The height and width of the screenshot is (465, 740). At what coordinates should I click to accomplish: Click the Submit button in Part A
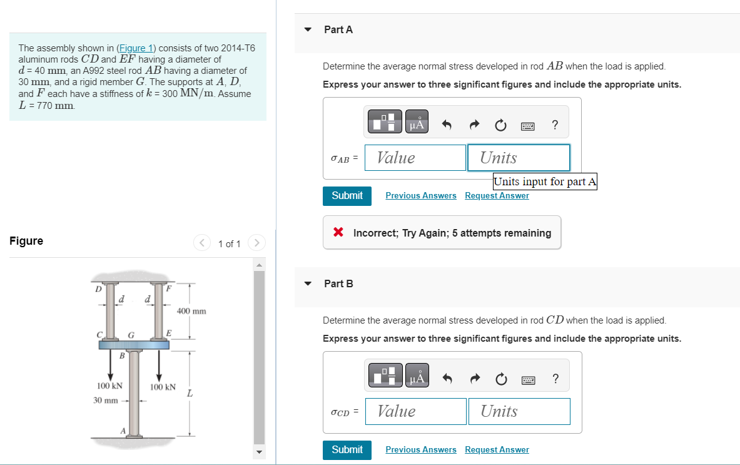[347, 196]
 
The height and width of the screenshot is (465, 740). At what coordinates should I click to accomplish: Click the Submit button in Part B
[347, 450]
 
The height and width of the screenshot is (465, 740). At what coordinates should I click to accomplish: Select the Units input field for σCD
[519, 411]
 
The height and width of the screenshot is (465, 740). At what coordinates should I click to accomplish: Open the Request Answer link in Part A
[497, 196]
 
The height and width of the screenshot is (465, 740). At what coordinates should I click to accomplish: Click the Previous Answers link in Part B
[421, 450]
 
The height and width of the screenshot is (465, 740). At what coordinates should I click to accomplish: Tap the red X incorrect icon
[338, 233]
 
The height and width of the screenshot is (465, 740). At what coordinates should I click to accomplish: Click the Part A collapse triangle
[308, 29]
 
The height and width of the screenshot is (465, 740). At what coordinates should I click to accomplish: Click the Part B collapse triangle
[308, 284]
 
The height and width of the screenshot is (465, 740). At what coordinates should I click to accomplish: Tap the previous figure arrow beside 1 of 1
[201, 243]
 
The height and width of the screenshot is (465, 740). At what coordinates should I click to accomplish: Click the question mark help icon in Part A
[555, 125]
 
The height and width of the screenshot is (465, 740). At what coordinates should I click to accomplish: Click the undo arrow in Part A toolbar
[447, 125]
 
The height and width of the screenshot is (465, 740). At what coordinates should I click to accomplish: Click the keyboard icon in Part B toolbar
[527, 379]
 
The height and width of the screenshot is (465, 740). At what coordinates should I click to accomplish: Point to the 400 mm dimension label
[191, 311]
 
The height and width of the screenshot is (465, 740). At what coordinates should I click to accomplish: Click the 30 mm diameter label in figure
[106, 400]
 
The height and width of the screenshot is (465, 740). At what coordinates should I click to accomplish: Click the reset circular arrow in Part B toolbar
[500, 379]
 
